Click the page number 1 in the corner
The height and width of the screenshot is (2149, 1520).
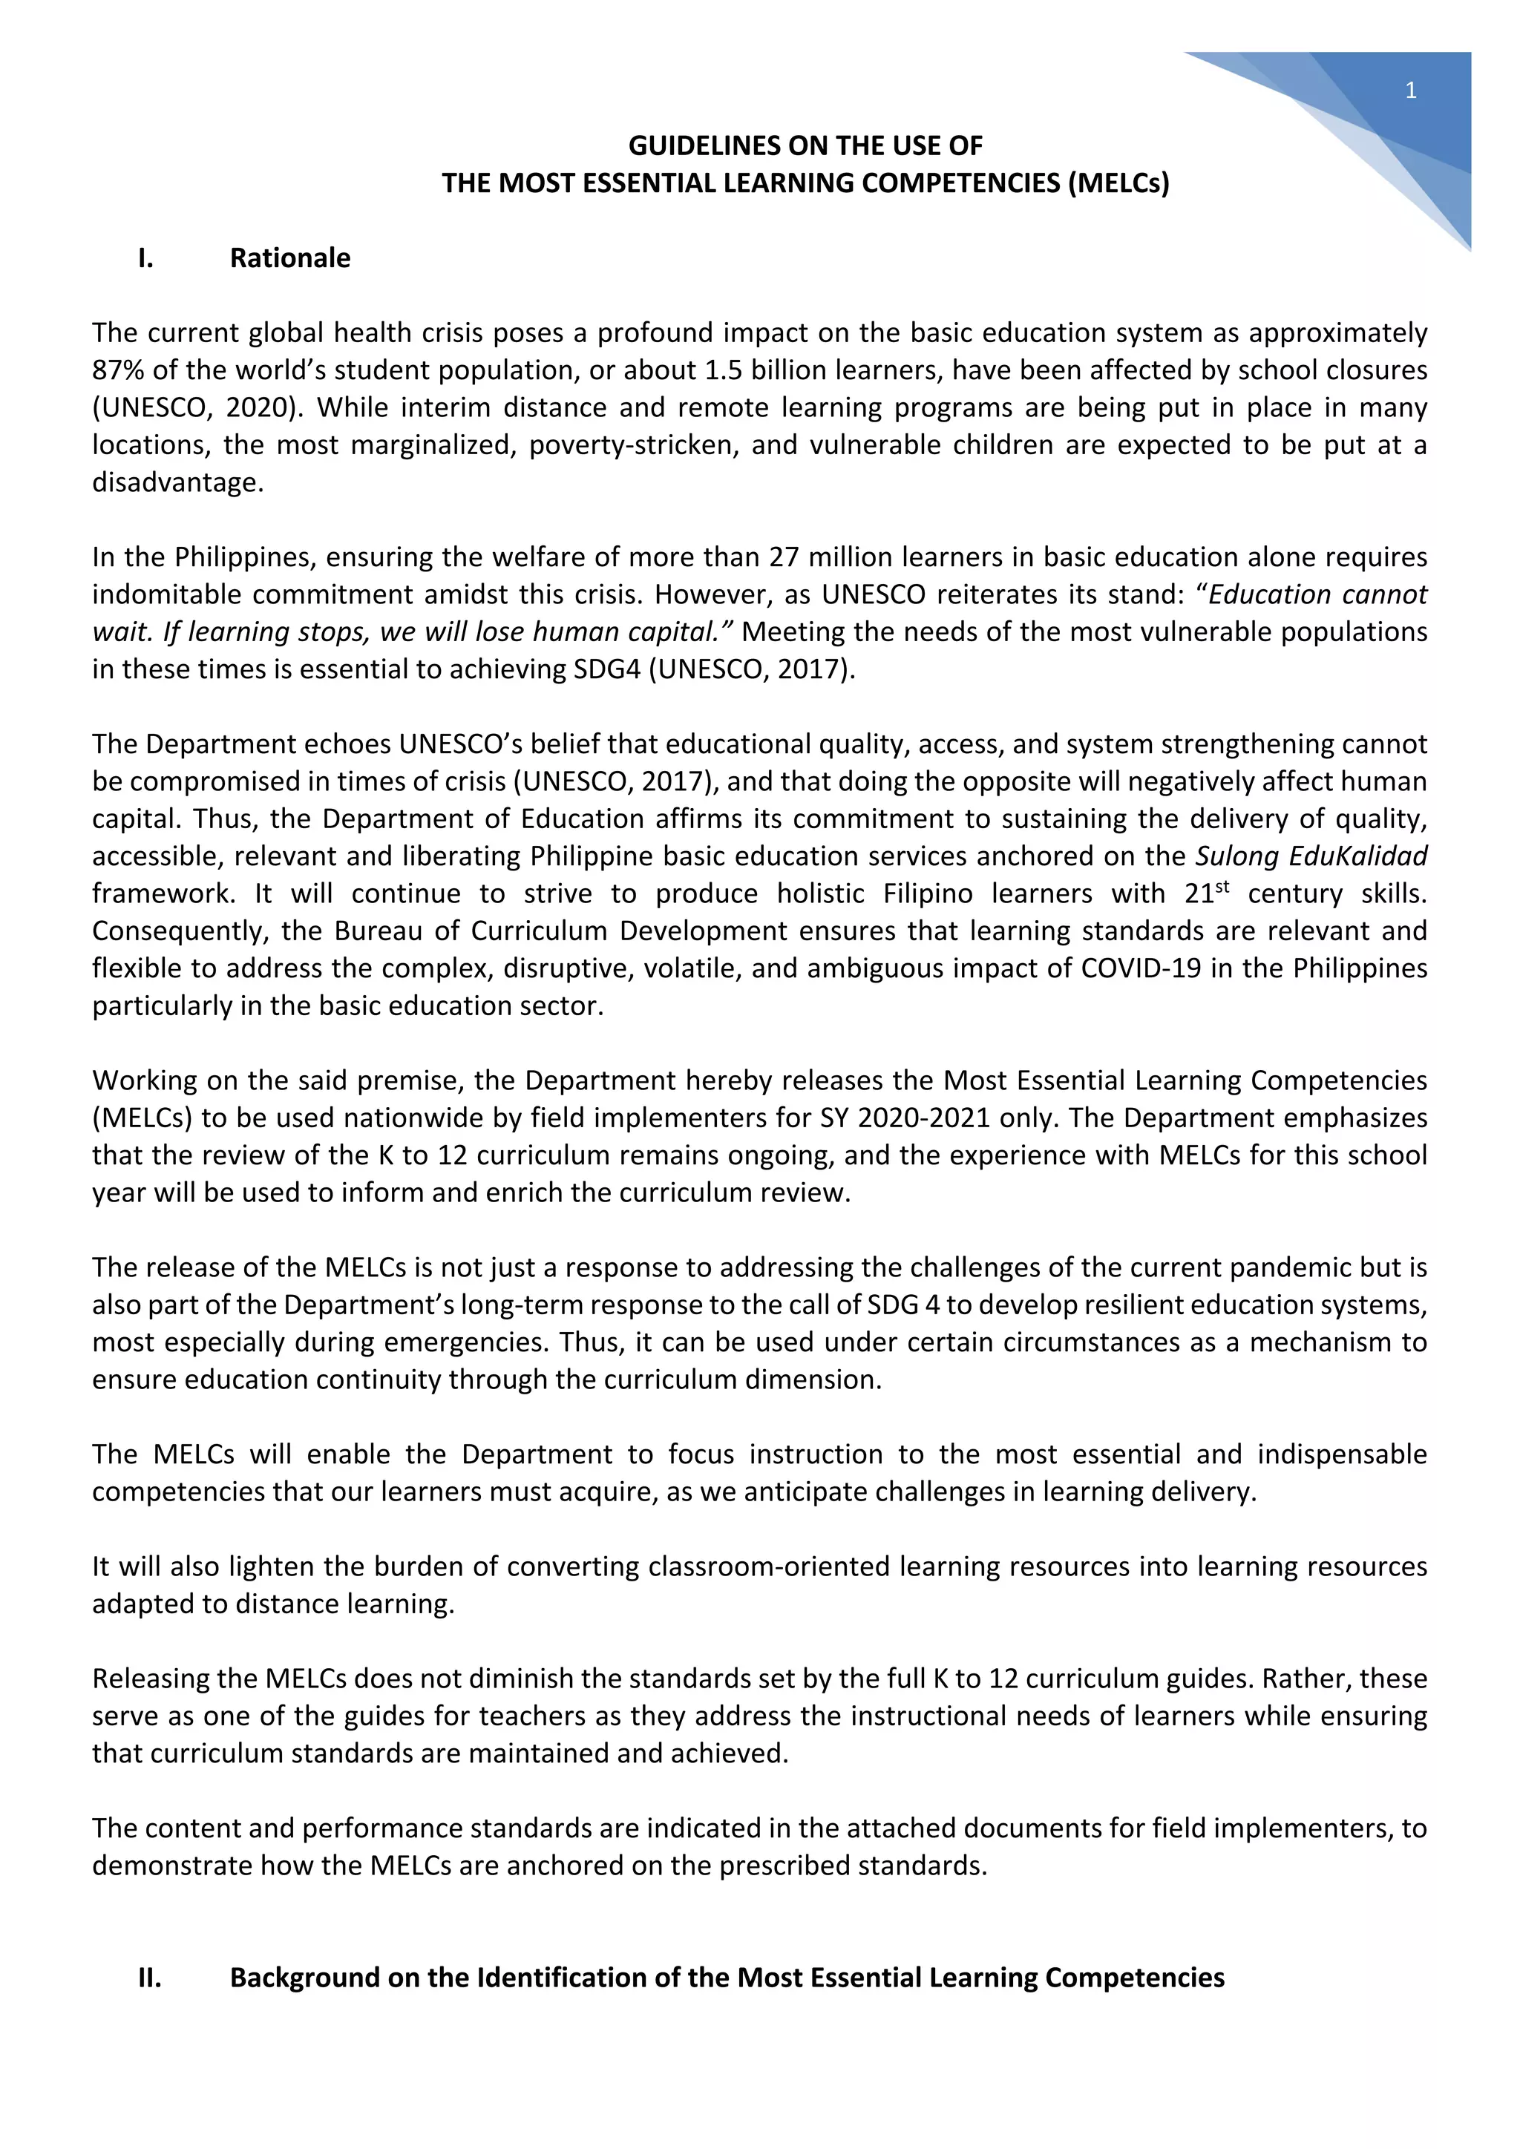(1410, 91)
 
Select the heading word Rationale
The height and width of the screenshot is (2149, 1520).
(290, 257)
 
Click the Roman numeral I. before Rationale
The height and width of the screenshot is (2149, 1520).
(145, 257)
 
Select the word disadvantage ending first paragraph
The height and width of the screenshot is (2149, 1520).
(176, 482)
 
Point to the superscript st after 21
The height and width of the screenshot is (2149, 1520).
(1222, 885)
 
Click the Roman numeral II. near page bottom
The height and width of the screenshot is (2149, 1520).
(149, 1978)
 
